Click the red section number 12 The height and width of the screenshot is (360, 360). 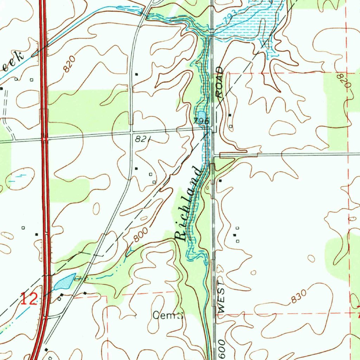pos(28,300)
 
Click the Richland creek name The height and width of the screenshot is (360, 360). pos(190,204)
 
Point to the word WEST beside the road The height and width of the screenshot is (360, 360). pos(221,297)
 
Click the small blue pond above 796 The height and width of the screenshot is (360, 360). pos(201,115)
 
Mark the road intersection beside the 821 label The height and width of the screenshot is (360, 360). pos(131,133)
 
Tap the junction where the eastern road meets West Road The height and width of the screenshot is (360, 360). pos(214,154)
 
